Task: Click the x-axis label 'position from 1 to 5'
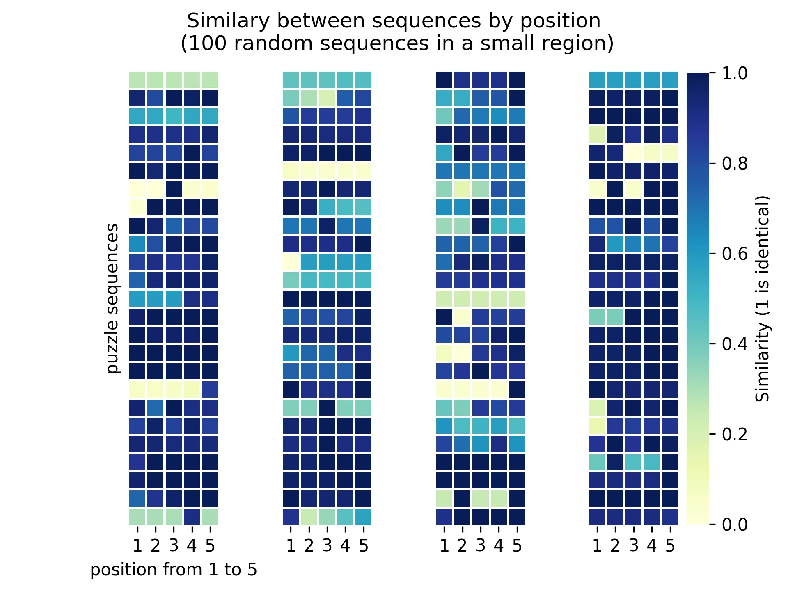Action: [174, 570]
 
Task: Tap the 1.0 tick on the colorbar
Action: [734, 73]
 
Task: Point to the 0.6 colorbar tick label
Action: [734, 254]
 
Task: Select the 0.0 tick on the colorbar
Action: [734, 525]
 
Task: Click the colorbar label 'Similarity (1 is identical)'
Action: [763, 298]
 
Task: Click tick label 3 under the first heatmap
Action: [174, 546]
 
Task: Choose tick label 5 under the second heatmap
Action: [363, 546]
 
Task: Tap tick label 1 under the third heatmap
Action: [444, 546]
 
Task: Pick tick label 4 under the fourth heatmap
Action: [652, 546]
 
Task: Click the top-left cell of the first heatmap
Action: [137, 80]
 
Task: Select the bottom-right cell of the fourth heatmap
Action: [670, 517]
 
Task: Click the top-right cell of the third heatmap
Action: [517, 80]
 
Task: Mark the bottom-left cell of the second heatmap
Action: [291, 517]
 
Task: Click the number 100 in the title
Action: [210, 44]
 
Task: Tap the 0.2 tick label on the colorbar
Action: [734, 434]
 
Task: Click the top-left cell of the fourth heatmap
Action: [598, 80]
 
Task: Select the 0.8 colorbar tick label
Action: [734, 164]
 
